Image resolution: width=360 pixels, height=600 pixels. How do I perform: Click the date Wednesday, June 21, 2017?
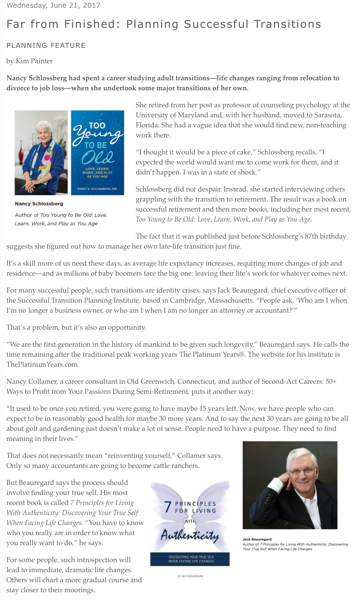(x=53, y=5)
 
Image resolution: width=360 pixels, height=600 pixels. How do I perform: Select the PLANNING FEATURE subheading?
(x=46, y=46)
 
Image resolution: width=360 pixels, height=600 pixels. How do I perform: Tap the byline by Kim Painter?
(x=29, y=61)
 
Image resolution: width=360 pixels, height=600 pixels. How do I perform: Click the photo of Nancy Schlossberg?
(x=41, y=153)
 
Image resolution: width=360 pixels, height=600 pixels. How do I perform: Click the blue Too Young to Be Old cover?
(x=97, y=153)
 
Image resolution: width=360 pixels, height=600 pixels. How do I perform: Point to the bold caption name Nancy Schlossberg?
(x=39, y=203)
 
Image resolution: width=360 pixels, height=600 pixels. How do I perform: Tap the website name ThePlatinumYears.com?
(x=42, y=364)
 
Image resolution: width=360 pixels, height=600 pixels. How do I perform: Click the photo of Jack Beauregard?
(x=290, y=485)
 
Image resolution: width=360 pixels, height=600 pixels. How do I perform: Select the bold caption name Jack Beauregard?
(x=257, y=539)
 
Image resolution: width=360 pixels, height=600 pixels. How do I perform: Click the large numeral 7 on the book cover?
(x=168, y=507)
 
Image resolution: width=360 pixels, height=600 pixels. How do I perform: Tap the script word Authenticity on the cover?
(x=190, y=536)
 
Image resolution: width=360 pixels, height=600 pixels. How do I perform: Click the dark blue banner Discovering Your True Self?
(x=190, y=559)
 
